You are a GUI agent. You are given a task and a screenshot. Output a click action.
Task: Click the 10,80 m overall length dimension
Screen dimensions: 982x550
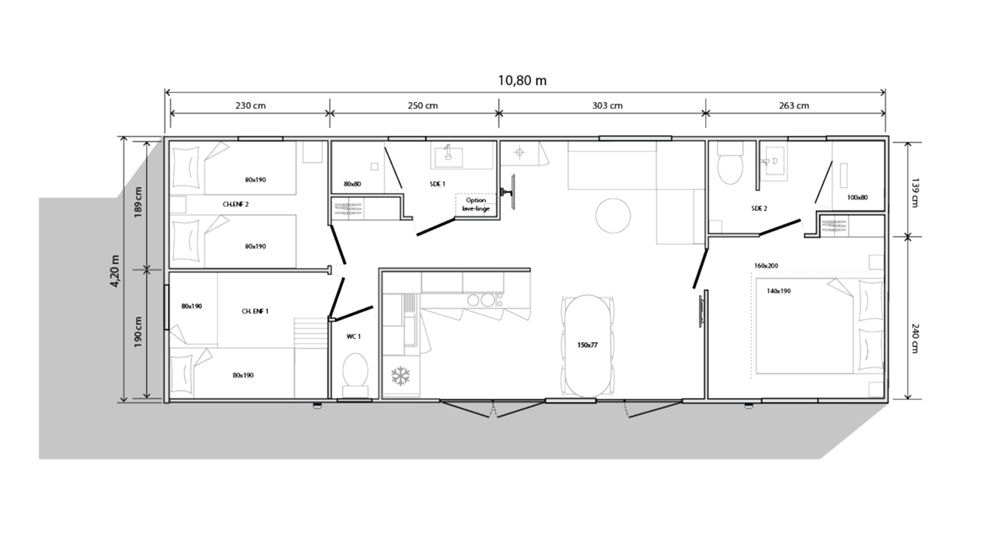(522, 81)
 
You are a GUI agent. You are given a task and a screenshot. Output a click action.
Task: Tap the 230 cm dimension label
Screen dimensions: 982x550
(250, 106)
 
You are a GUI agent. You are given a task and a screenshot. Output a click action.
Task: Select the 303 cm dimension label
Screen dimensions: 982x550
(607, 106)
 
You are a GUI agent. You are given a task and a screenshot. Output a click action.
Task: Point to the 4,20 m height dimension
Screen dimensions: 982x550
(115, 271)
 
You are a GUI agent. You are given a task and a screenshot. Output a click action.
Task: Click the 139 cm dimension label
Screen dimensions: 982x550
(914, 193)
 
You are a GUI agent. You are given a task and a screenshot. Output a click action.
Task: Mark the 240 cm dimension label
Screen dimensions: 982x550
(914, 338)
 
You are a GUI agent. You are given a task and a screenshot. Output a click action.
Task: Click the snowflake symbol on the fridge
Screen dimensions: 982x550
(400, 377)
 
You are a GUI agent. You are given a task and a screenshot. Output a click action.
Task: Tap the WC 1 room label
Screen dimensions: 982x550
(354, 337)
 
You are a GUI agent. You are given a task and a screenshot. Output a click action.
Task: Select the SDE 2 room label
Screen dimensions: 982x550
(760, 209)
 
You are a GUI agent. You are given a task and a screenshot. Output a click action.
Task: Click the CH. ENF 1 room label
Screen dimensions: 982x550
(255, 311)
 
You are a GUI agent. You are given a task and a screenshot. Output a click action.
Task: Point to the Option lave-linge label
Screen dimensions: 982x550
(476, 204)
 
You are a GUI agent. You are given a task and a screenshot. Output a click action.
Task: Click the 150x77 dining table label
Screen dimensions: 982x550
(588, 345)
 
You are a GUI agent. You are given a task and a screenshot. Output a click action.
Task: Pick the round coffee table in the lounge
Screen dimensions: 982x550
(613, 216)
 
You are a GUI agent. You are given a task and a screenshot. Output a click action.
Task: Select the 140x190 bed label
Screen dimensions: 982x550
(779, 291)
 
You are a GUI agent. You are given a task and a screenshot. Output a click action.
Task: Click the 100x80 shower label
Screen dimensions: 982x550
(857, 198)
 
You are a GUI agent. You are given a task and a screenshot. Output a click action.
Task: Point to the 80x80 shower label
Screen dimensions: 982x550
(352, 184)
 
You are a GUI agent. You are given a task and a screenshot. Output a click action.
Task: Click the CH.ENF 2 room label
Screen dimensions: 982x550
(236, 204)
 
